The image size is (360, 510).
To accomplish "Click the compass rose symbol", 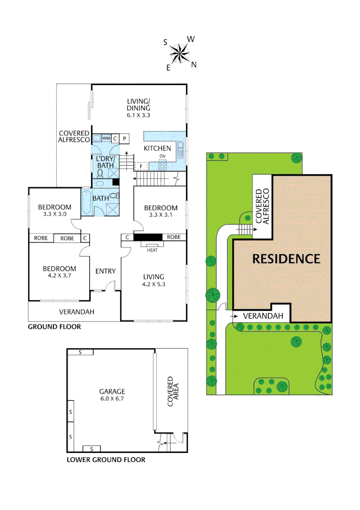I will (x=179, y=53).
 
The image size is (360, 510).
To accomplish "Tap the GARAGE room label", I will (x=112, y=391).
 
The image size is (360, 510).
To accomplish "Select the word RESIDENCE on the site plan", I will (x=286, y=259).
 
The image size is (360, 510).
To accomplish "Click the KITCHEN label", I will (x=157, y=148).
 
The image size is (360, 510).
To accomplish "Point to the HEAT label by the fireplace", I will (x=152, y=250).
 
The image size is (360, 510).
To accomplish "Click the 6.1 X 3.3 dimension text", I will (x=139, y=115).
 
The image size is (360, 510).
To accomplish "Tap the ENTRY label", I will (x=105, y=271).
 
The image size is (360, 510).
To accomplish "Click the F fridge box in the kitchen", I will (x=141, y=166).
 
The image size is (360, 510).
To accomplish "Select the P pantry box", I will (x=125, y=138).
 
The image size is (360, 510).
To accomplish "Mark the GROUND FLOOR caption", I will (x=54, y=327).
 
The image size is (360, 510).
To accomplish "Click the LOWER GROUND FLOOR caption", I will (x=106, y=459).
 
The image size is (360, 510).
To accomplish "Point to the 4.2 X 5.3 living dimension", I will (x=154, y=284).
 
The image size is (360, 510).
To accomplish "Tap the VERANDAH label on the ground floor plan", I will (x=76, y=312).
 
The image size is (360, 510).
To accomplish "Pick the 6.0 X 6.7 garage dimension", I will (x=112, y=399).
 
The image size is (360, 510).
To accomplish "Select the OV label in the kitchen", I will (x=163, y=156).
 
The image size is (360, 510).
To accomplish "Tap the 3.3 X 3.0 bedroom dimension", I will (x=55, y=214).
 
